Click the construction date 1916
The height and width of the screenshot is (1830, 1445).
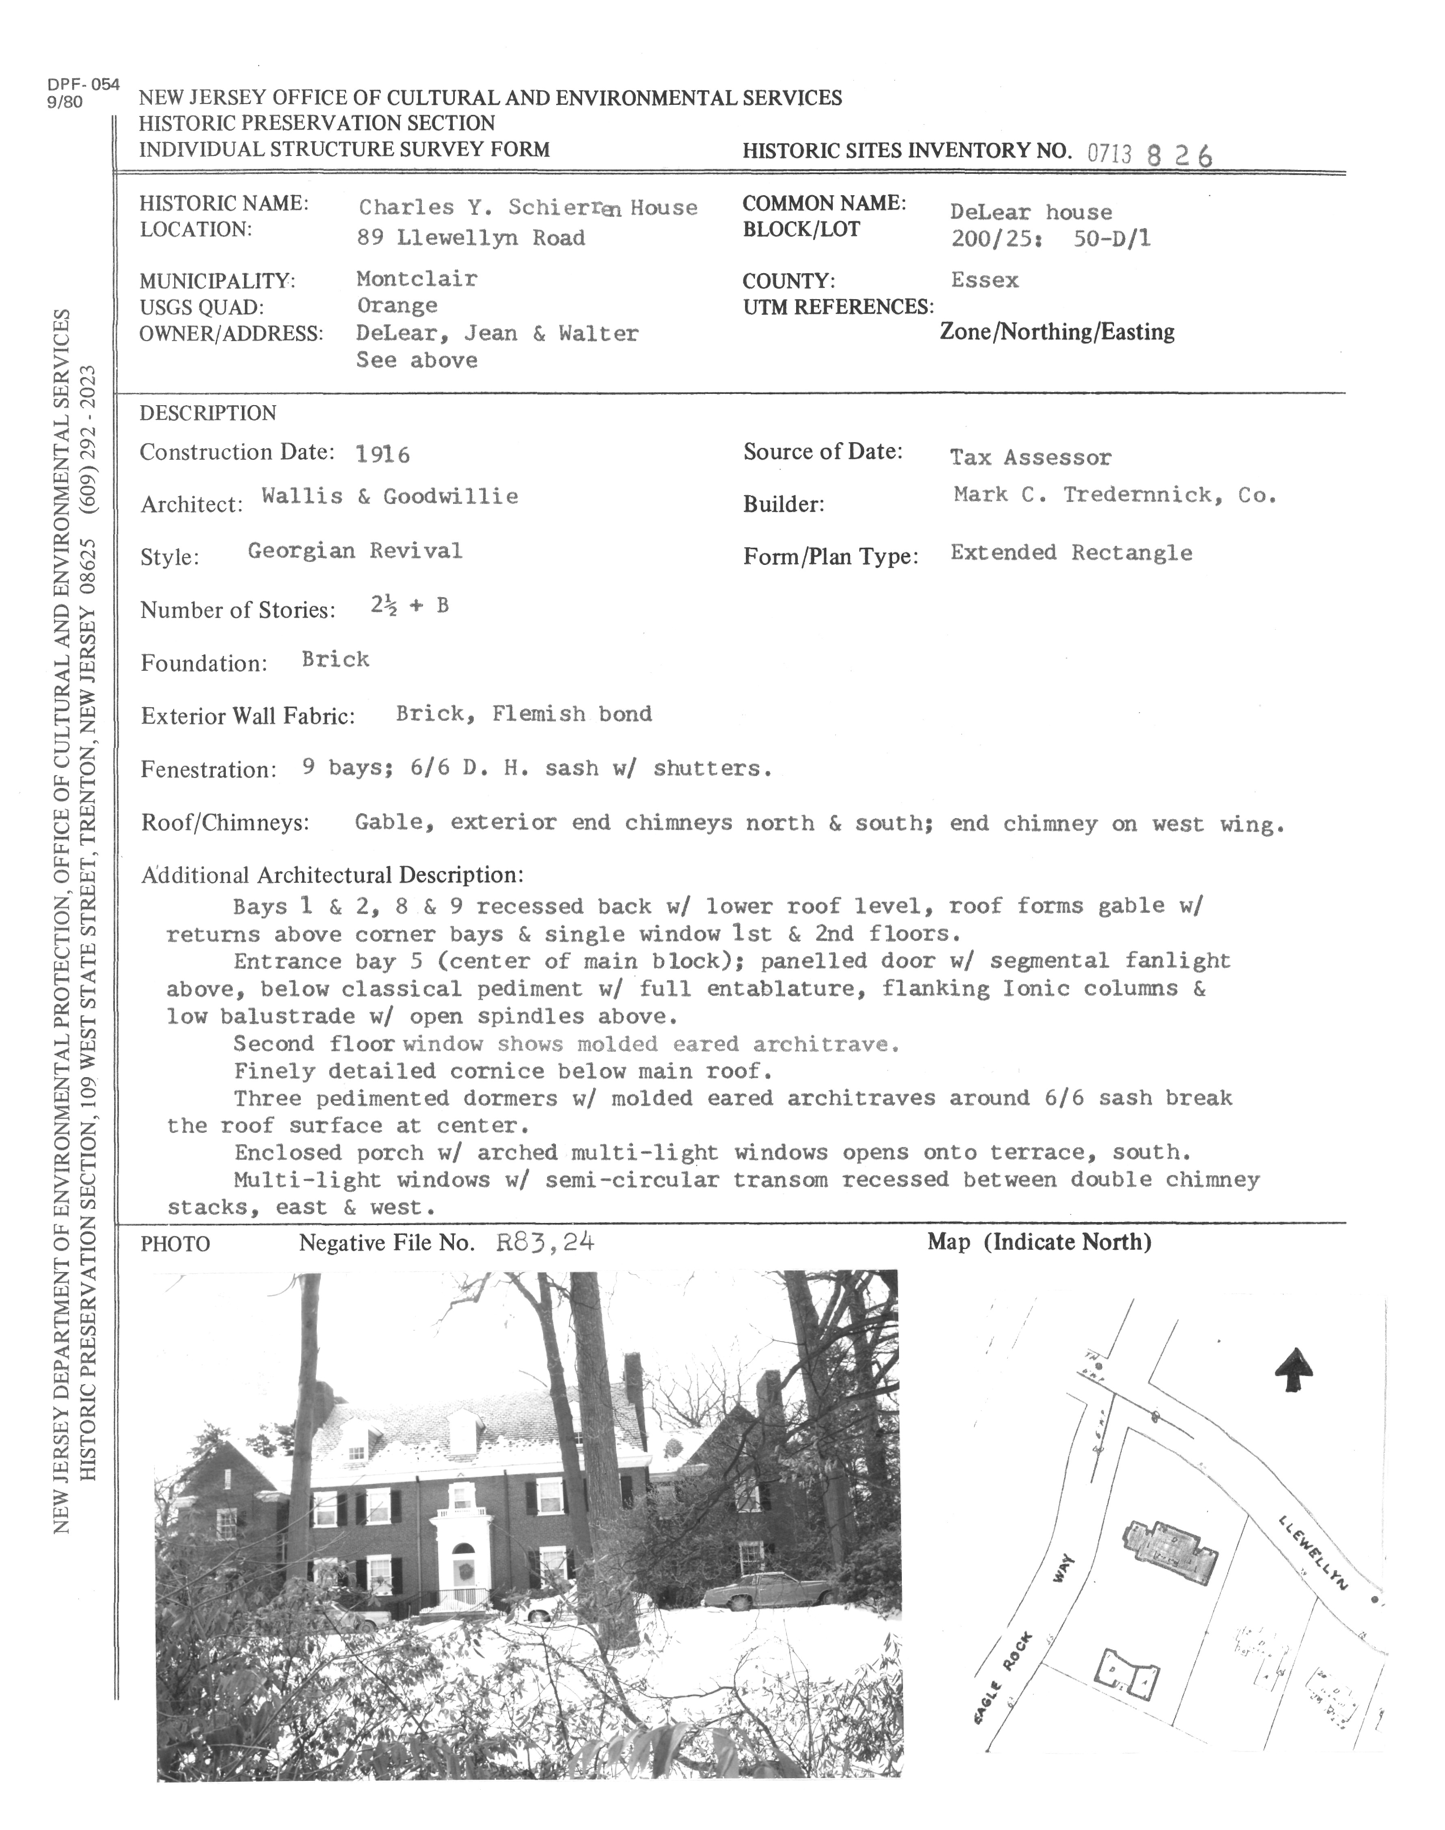[x=382, y=455]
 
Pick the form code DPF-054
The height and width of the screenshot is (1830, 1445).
[x=84, y=84]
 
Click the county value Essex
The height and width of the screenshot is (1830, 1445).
[x=985, y=280]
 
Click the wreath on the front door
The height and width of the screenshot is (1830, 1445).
[x=463, y=1572]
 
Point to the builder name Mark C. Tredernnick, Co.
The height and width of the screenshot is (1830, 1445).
[x=1114, y=495]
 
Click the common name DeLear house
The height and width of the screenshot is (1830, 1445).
[x=1030, y=212]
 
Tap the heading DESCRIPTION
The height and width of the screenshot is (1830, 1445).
[x=207, y=413]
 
